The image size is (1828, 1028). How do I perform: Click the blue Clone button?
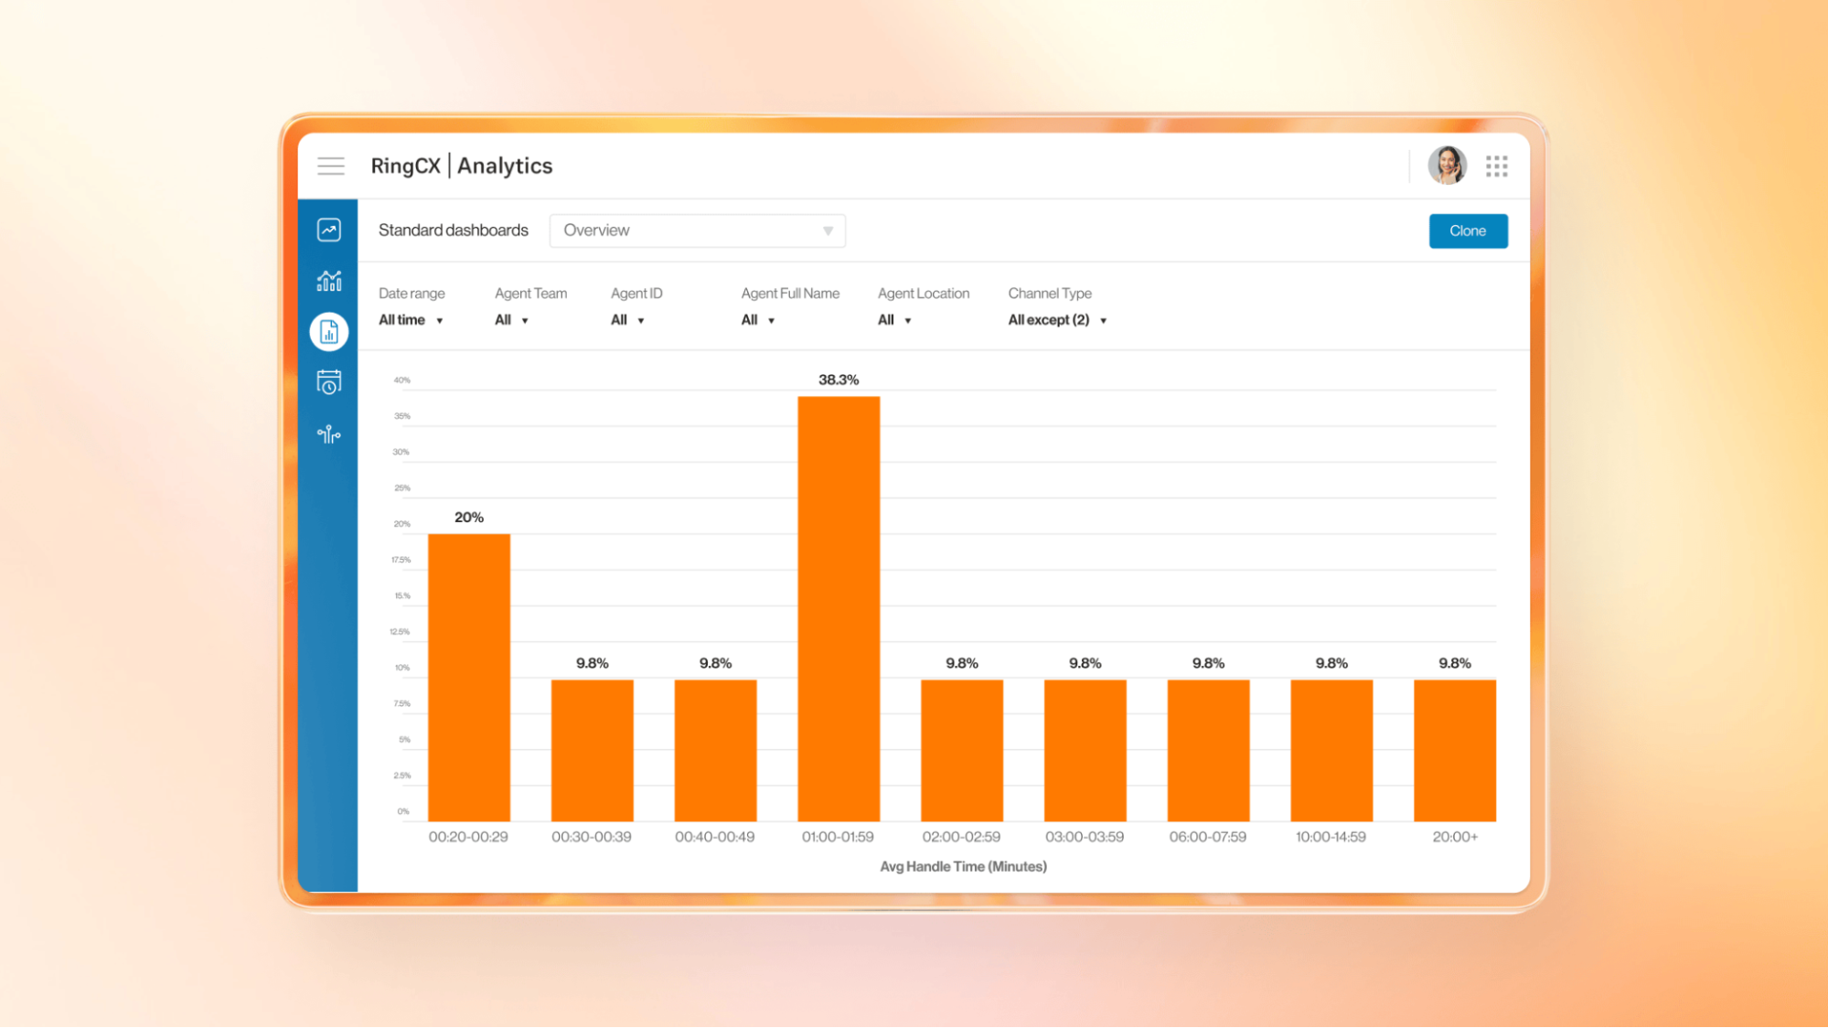(x=1468, y=231)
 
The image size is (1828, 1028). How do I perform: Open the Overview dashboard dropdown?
(x=697, y=230)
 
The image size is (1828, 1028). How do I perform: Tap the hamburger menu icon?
(x=331, y=166)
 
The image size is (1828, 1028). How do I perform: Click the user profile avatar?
(x=1447, y=166)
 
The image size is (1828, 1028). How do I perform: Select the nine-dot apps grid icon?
(x=1497, y=166)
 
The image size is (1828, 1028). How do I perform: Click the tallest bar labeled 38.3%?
(x=839, y=608)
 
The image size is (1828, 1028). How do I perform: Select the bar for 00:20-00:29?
(x=469, y=677)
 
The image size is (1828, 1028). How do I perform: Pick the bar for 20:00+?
(x=1455, y=750)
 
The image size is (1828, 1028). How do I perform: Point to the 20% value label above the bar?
(x=469, y=518)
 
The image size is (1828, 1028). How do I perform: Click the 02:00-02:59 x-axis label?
(x=961, y=837)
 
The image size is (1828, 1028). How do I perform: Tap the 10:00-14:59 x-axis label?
(x=1331, y=837)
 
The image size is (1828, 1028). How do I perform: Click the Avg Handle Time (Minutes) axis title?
(x=963, y=866)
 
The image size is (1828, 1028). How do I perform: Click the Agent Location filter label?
(x=924, y=294)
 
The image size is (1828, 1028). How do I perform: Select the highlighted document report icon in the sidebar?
(x=329, y=332)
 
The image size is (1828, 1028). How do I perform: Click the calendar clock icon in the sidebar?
(x=329, y=382)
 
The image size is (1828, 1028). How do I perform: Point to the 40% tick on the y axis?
(x=402, y=380)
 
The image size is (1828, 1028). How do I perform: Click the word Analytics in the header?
(x=505, y=166)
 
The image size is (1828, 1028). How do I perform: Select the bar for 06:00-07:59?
(x=1208, y=750)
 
